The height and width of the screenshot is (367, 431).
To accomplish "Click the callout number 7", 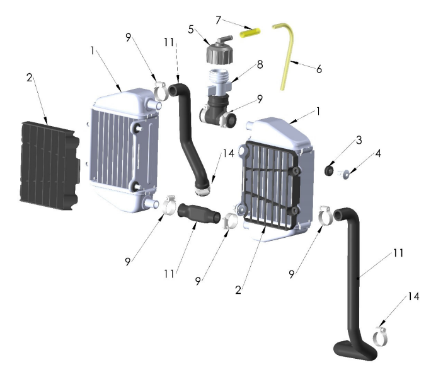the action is [218, 20].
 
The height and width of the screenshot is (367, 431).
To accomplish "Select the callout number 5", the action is [191, 30].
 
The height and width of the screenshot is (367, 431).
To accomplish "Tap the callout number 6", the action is [319, 69].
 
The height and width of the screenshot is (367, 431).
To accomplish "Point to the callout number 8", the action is [260, 65].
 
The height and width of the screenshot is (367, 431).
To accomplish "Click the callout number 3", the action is [359, 140].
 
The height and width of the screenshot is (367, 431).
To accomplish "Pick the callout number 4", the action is [378, 153].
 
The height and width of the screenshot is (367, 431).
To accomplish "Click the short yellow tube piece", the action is [250, 33].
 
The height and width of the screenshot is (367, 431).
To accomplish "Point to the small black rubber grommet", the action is [329, 170].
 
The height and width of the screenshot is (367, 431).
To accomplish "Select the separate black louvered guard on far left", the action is [50, 166].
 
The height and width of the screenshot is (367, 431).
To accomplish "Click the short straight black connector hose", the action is [199, 214].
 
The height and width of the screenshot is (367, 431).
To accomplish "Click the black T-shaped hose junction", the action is [219, 110].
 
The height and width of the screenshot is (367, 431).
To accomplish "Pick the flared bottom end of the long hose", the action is [355, 350].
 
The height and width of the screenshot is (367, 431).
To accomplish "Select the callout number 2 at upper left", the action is [30, 78].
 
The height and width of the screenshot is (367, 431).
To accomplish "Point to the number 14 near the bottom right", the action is [413, 296].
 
